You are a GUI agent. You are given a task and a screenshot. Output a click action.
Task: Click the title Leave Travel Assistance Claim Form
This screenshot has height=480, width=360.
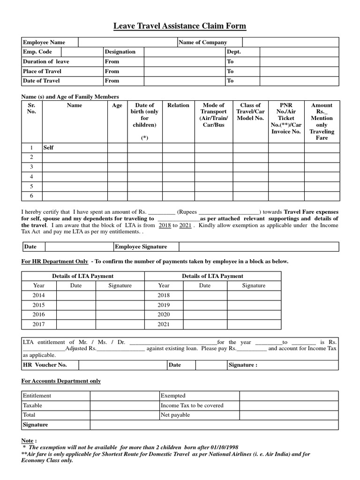pyautogui.click(x=180, y=26)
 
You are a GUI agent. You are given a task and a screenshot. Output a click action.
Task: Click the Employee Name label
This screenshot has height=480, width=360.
pyautogui.click(x=44, y=42)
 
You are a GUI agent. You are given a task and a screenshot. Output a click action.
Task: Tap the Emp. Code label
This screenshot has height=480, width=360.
pyautogui.click(x=37, y=52)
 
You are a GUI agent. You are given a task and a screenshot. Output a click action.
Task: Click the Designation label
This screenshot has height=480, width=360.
pyautogui.click(x=120, y=52)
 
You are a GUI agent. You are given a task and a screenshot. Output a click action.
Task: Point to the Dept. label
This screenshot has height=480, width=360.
pyautogui.click(x=234, y=52)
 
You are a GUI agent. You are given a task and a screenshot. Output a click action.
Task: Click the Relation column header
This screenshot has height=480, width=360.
pyautogui.click(x=178, y=105)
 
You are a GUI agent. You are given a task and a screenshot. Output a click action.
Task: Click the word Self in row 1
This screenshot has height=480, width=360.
pyautogui.click(x=48, y=148)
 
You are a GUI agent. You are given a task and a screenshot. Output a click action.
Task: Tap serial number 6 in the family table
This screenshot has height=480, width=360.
pyautogui.click(x=32, y=196)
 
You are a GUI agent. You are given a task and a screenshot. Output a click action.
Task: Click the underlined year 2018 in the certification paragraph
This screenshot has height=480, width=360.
pyautogui.click(x=165, y=225)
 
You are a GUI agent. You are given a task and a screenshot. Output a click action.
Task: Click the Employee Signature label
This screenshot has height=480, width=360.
pyautogui.click(x=141, y=247)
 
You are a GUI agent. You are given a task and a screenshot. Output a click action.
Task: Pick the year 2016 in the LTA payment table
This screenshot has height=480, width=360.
pyautogui.click(x=39, y=315)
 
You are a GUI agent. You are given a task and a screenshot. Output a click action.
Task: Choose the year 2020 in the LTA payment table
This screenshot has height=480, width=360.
pyautogui.click(x=164, y=315)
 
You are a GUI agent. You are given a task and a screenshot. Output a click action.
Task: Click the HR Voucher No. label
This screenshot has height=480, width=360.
pyautogui.click(x=45, y=365)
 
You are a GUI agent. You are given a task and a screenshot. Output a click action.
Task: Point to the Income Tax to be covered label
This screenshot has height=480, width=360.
pyautogui.click(x=192, y=405)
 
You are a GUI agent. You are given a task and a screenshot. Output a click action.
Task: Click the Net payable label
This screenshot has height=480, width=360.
pyautogui.click(x=175, y=415)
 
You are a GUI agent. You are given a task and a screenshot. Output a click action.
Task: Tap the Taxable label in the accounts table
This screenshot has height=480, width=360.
pyautogui.click(x=32, y=405)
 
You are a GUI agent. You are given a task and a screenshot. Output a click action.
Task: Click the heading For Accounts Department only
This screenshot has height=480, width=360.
pyautogui.click(x=61, y=381)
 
